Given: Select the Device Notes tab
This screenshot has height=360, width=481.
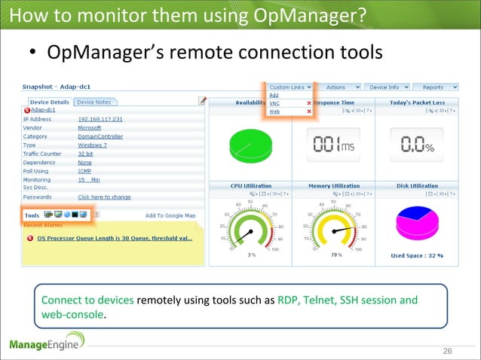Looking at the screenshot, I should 93,102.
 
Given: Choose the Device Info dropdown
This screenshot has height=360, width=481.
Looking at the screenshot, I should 389,87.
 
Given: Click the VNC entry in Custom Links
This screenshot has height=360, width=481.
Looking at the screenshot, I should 274,103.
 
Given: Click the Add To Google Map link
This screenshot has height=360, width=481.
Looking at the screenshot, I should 170,215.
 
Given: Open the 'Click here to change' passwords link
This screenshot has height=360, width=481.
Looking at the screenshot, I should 104,197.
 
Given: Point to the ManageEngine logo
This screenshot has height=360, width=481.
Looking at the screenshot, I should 47,344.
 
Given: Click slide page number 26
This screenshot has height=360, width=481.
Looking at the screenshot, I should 447,352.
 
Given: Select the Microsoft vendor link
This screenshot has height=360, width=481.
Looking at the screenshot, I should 89,128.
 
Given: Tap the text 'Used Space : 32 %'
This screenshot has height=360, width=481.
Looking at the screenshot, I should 416,255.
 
